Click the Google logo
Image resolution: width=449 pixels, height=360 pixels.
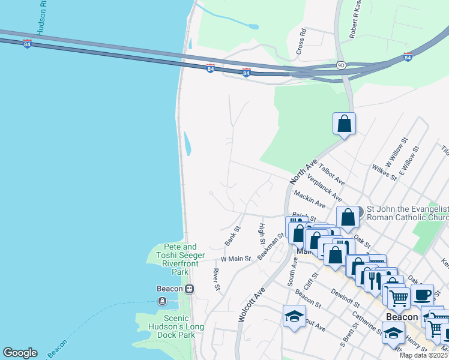pyautogui.click(x=20, y=353)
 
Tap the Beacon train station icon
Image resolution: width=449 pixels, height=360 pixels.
pyautogui.click(x=190, y=289)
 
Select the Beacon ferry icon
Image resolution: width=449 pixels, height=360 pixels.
pyautogui.click(x=161, y=301)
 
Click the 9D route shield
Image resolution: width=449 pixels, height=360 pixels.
pyautogui.click(x=340, y=65)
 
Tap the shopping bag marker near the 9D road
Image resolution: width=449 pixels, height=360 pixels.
pyautogui.click(x=345, y=124)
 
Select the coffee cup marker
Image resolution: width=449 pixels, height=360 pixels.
pyautogui.click(x=422, y=294)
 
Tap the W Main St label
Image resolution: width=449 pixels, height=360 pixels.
pyautogui.click(x=235, y=259)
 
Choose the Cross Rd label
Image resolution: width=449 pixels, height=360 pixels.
pyautogui.click(x=301, y=43)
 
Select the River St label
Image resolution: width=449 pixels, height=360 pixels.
pyautogui.click(x=217, y=280)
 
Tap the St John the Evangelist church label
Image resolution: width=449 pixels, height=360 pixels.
pyautogui.click(x=407, y=212)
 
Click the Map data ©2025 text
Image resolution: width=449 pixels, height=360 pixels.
pyautogui.click(x=424, y=355)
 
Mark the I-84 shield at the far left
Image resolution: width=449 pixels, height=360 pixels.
pyautogui.click(x=27, y=44)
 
